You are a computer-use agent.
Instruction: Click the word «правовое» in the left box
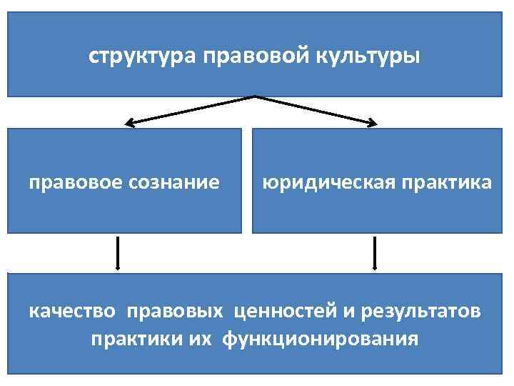[74, 182]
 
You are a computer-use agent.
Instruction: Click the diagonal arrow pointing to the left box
[189, 111]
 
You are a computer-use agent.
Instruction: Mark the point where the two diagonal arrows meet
[254, 96]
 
